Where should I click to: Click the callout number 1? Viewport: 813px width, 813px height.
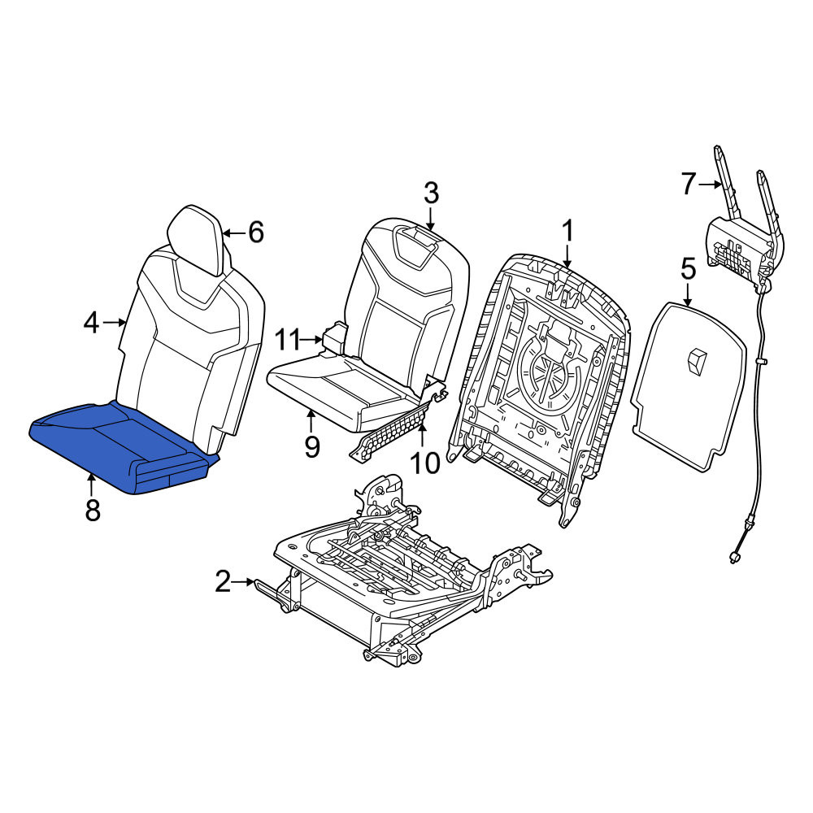(568, 231)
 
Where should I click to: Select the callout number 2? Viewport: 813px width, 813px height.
(223, 582)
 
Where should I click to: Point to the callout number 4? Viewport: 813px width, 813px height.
(91, 323)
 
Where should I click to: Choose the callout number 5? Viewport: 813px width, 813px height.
(688, 270)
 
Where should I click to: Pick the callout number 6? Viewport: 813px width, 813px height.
(256, 232)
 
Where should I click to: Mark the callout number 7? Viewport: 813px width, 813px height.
(688, 184)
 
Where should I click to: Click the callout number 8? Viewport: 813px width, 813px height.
(93, 510)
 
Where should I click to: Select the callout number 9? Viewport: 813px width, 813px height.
(311, 447)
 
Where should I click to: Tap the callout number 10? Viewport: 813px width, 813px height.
(424, 463)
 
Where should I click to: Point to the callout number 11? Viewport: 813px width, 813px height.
(287, 340)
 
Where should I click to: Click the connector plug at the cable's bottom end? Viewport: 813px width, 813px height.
(733, 558)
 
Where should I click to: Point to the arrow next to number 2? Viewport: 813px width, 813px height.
(244, 582)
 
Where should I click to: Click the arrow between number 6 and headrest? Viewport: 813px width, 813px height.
(235, 233)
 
